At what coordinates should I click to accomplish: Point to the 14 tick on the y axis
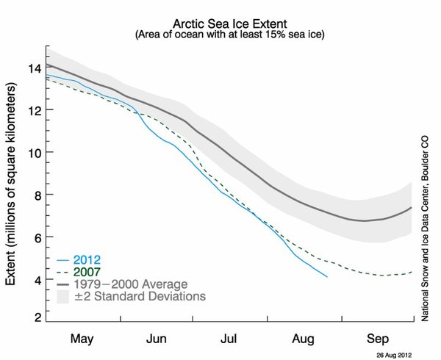(x=32, y=69)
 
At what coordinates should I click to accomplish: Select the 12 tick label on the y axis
(x=32, y=111)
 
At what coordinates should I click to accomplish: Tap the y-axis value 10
(x=32, y=153)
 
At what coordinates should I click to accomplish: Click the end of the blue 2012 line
(x=326, y=276)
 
